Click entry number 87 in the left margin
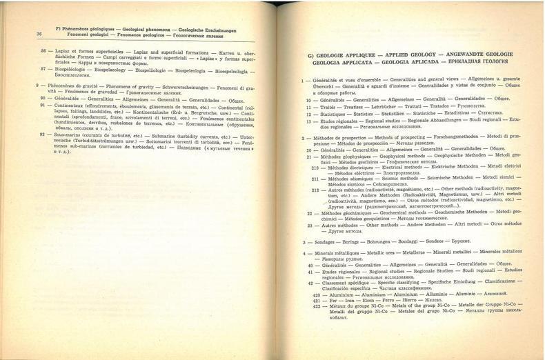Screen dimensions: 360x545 pos(43,70)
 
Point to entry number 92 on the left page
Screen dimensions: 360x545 pos(43,137)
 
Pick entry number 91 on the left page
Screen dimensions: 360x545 pos(43,107)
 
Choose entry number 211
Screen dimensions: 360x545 pos(315,178)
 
